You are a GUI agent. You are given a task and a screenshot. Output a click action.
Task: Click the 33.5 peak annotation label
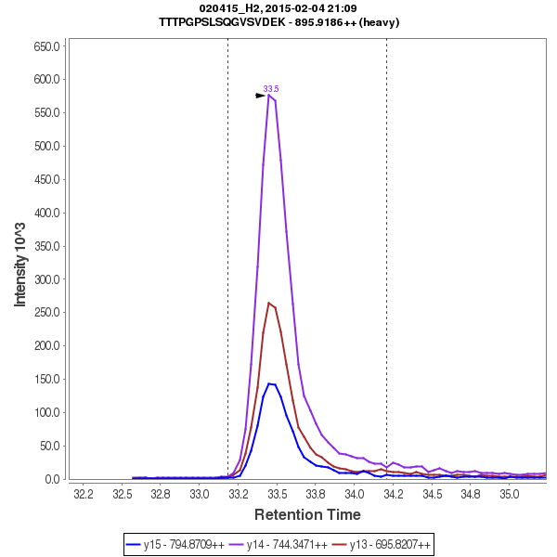point(271,88)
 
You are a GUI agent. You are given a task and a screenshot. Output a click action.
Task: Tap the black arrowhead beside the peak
point(261,95)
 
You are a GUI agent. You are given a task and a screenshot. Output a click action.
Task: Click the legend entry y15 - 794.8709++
point(183,544)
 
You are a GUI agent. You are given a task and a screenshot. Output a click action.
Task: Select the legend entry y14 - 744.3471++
point(285,544)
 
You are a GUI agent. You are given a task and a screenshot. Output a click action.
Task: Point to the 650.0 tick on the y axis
point(46,45)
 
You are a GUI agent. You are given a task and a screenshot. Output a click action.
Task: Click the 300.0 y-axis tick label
point(46,279)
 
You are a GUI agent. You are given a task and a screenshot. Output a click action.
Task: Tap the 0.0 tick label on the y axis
point(52,479)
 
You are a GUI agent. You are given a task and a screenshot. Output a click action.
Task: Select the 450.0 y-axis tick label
point(46,179)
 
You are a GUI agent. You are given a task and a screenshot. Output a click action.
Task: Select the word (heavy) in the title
point(381,22)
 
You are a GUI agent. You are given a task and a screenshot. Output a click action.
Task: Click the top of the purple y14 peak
point(269,95)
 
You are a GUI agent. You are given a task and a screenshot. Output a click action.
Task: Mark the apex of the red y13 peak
point(269,302)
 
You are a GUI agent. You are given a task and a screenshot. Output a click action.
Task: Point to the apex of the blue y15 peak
point(269,383)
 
